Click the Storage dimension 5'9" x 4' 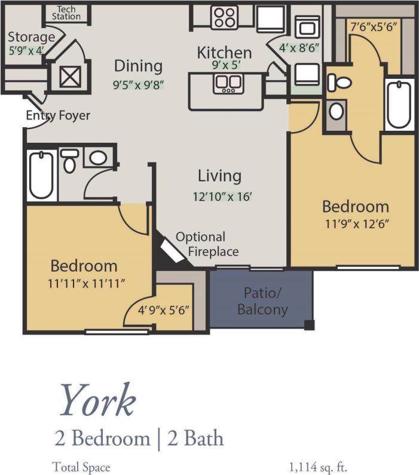coord(26,51)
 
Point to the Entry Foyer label coord(58,115)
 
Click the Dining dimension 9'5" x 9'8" coord(138,84)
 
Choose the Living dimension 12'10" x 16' coord(220,195)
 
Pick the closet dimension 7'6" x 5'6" coord(373,27)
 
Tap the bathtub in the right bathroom coord(398,103)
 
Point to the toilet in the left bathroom coord(70,161)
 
